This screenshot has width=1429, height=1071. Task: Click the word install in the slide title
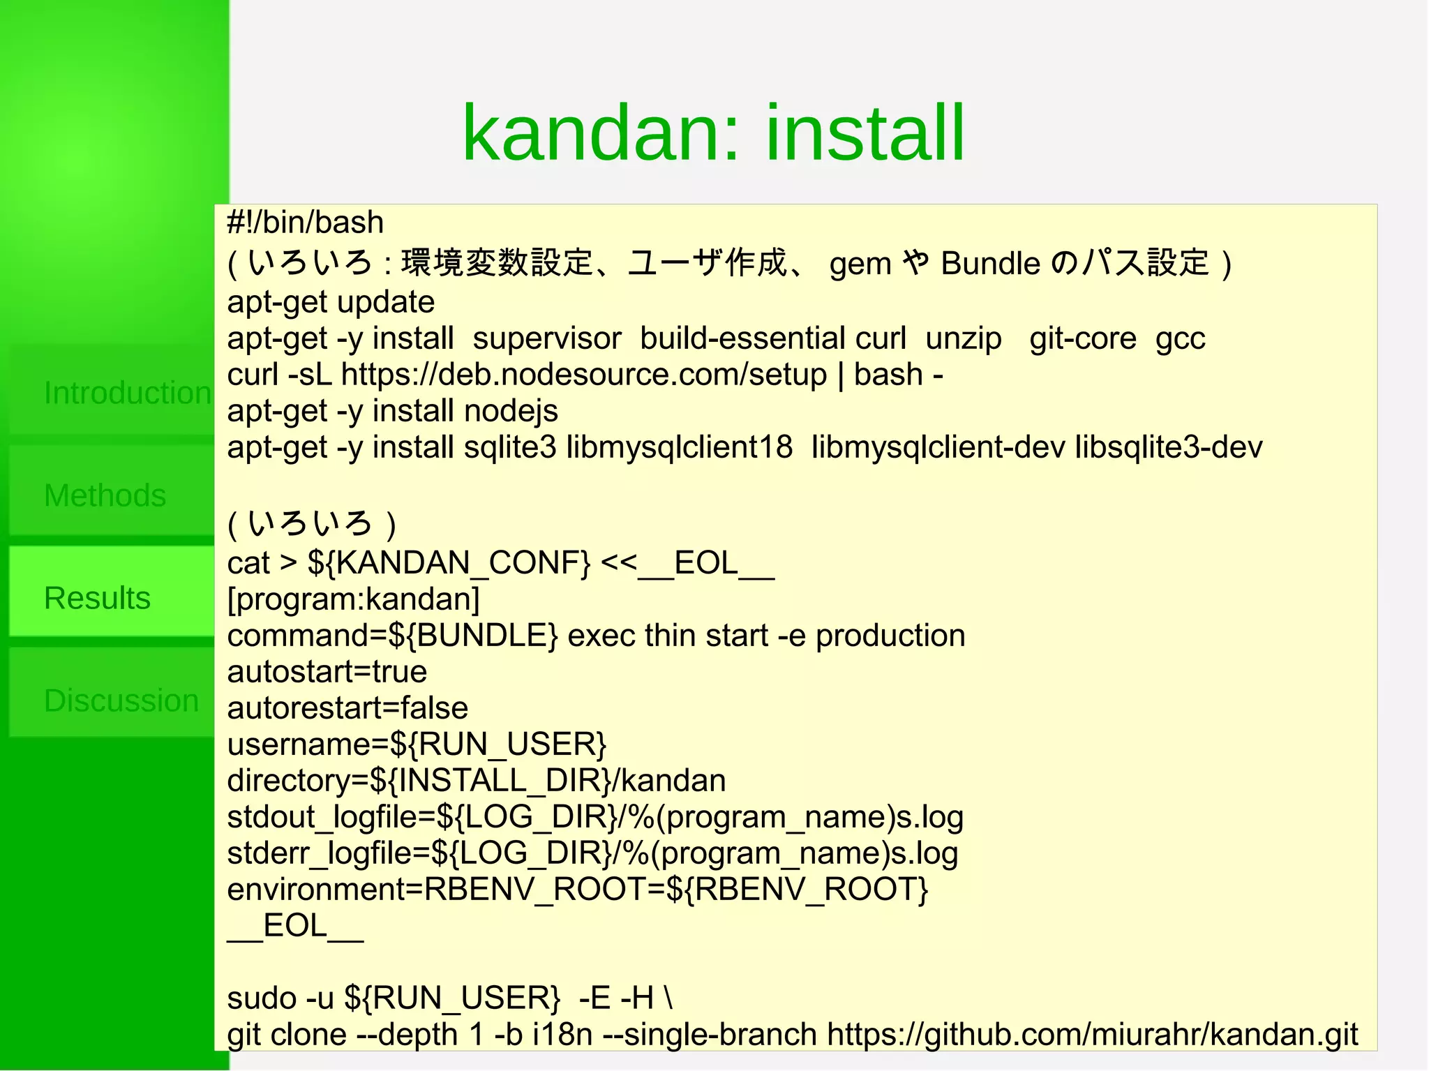(x=865, y=133)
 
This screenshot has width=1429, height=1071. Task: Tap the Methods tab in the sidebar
(x=105, y=495)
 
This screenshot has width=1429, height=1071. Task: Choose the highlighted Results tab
(x=98, y=598)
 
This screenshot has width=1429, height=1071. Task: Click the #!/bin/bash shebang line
(x=305, y=223)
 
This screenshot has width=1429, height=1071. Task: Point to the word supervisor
(x=546, y=338)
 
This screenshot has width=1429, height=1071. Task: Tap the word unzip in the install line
(x=963, y=338)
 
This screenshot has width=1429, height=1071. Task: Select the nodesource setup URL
(x=583, y=375)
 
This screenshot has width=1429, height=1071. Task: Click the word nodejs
(x=511, y=411)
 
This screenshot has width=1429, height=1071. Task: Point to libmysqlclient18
(x=679, y=447)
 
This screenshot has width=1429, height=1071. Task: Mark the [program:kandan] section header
(x=353, y=599)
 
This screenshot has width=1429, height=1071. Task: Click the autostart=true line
(x=327, y=672)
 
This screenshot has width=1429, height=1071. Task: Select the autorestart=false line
(x=347, y=708)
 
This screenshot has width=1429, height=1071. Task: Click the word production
(x=890, y=636)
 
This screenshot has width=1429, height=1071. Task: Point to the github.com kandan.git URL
(x=1092, y=1034)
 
